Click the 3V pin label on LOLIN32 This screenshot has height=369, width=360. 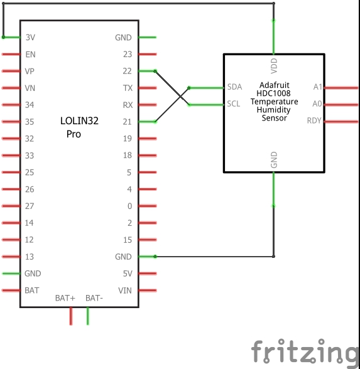(x=30, y=37)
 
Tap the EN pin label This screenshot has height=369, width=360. (x=30, y=55)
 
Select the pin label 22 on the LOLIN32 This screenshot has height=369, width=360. (x=127, y=71)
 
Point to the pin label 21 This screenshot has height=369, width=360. (x=127, y=122)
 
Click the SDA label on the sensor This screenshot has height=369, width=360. (x=235, y=87)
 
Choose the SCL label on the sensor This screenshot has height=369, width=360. (x=234, y=104)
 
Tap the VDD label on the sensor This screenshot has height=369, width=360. (x=274, y=66)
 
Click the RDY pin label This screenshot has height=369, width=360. (x=314, y=120)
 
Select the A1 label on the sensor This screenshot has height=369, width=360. (x=318, y=87)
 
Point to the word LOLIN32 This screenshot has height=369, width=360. (x=79, y=120)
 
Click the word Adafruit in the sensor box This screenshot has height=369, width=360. (x=274, y=85)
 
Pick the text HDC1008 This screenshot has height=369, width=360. (x=273, y=94)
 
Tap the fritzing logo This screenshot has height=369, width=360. (x=305, y=352)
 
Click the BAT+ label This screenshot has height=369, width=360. (x=65, y=298)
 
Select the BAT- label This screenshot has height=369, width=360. (x=94, y=298)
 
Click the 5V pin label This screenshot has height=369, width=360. (x=128, y=274)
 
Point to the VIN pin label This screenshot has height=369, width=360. (x=125, y=291)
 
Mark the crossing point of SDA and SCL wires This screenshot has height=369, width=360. (x=180, y=97)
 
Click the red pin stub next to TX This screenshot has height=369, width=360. (x=148, y=88)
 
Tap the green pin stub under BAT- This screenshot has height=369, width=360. (x=88, y=316)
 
